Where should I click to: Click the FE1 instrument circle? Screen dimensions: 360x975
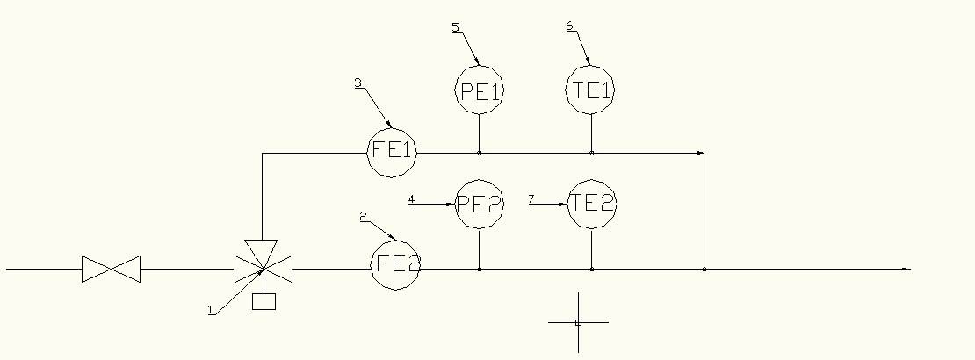tap(392, 151)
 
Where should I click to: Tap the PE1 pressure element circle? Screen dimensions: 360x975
tap(480, 90)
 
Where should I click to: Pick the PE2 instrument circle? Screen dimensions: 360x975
tap(480, 205)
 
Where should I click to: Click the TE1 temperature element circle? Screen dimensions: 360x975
tap(590, 90)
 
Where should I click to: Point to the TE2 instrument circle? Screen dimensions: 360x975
tap(591, 204)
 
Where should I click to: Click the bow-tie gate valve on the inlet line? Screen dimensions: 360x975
tap(111, 269)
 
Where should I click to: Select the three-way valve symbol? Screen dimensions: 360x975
tap(263, 266)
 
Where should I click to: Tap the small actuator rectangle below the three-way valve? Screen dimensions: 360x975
tap(263, 301)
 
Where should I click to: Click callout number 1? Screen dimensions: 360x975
tap(210, 309)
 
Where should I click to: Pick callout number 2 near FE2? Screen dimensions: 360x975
tap(364, 215)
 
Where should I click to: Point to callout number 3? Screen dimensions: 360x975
tap(357, 83)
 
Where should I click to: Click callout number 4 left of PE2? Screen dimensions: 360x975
tap(411, 199)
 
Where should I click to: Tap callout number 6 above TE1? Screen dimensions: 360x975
tap(569, 26)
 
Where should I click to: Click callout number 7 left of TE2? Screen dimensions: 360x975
tap(531, 199)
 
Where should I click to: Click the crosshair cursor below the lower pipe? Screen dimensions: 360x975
tap(578, 322)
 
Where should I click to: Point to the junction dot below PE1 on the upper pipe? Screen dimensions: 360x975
tap(479, 153)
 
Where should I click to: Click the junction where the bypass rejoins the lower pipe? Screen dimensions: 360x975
tap(704, 269)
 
